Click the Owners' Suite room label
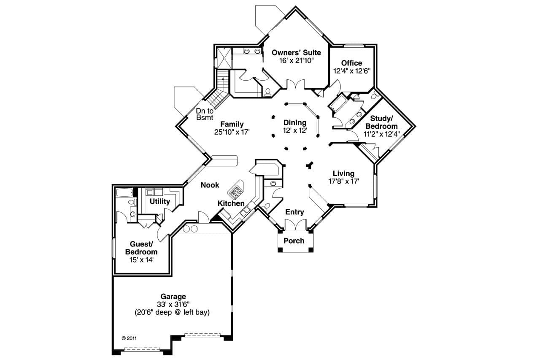296,53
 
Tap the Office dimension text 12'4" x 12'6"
351,71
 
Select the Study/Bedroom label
381,123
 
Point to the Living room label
343,173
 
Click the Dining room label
295,123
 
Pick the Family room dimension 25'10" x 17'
232,132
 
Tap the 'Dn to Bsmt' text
205,114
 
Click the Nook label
210,185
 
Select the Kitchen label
231,203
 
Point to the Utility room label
160,201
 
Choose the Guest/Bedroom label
141,248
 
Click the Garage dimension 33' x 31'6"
173,304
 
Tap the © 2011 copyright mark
129,338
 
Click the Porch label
294,241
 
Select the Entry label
294,212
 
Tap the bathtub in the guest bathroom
124,193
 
